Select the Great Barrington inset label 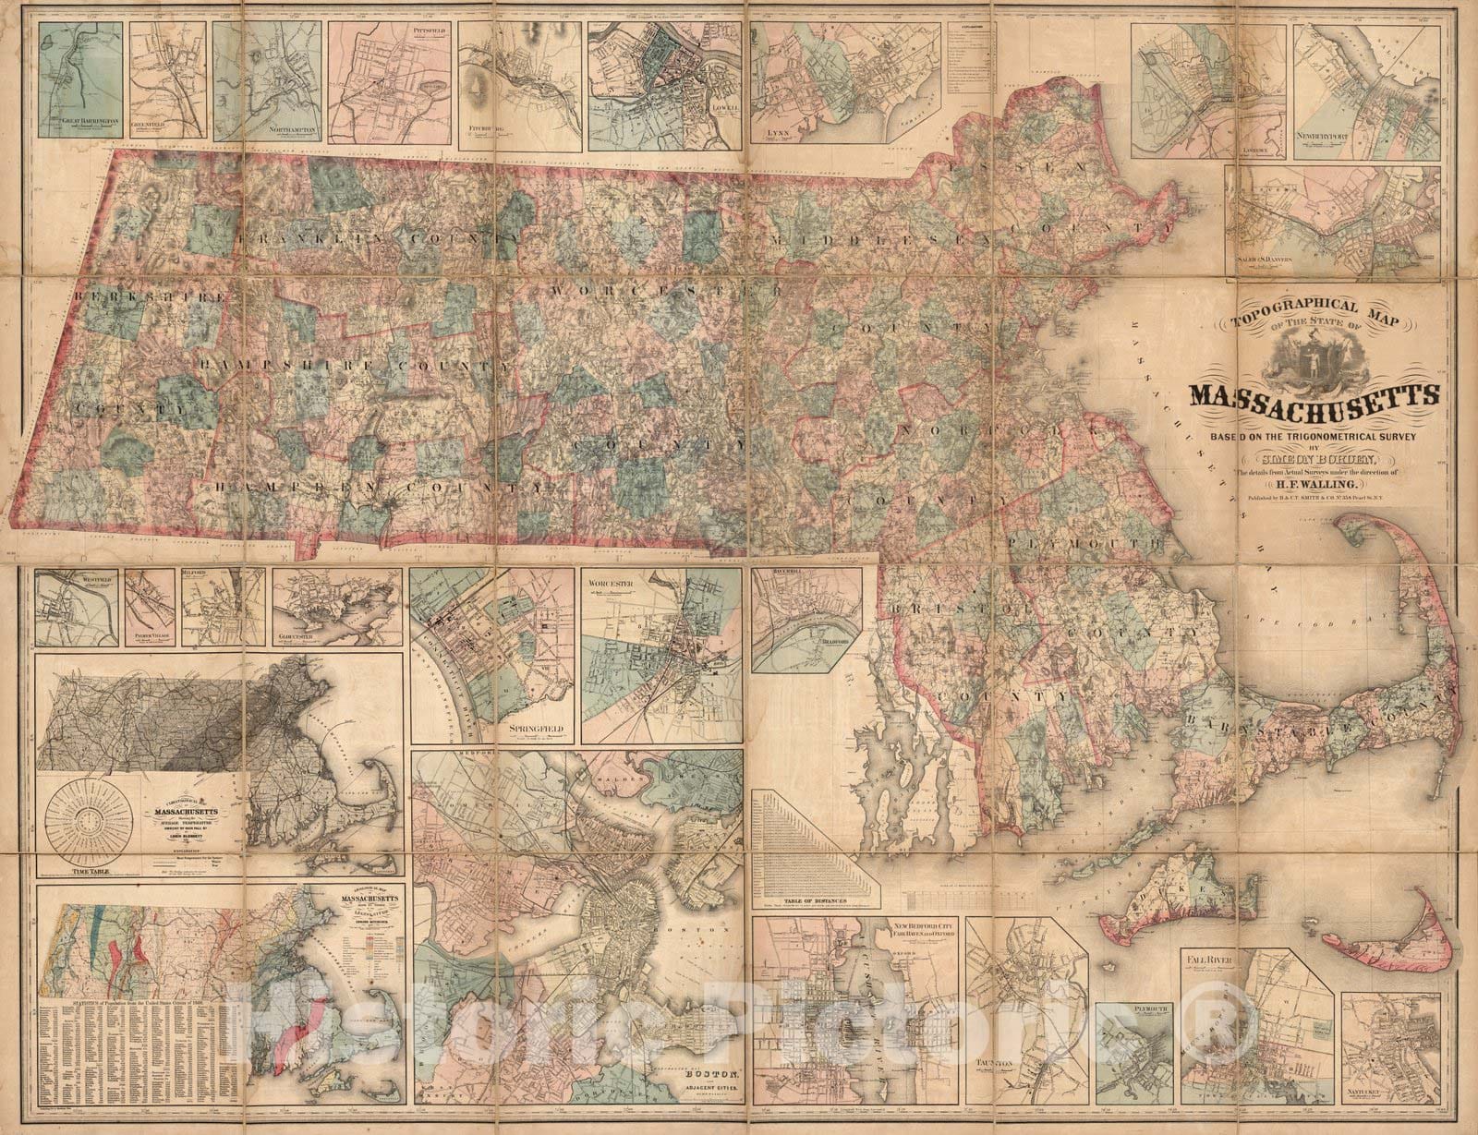[90, 121]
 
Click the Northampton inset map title [292, 131]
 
